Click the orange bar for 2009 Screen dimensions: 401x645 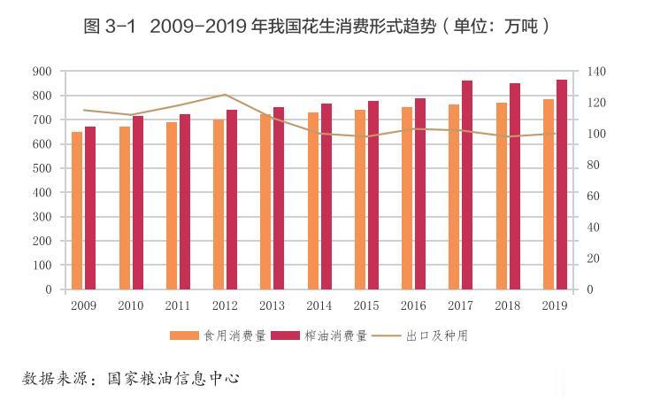coord(77,211)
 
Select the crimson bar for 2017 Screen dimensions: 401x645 coord(467,185)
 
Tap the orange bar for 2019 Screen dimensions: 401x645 coord(549,195)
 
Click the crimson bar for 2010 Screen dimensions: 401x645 coord(137,203)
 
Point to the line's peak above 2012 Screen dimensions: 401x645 coord(225,95)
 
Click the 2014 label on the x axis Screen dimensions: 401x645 coord(319,305)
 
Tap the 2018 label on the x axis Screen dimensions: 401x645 coord(508,305)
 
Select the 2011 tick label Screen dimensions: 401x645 coord(178,305)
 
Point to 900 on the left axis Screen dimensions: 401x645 coord(42,71)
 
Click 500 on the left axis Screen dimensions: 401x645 coord(42,168)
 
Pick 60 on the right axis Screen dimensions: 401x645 coord(594,196)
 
